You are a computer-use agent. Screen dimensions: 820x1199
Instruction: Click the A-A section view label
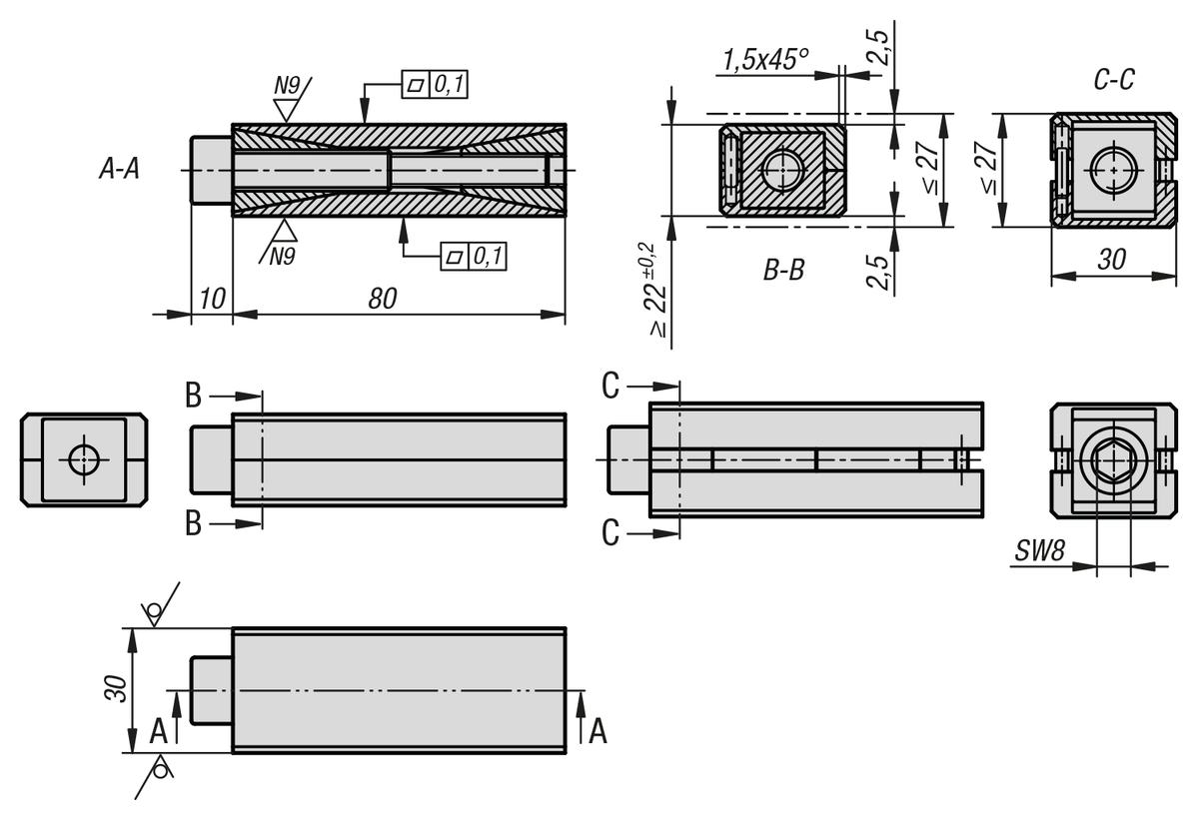click(119, 170)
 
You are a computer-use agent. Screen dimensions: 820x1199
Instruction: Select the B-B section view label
click(783, 270)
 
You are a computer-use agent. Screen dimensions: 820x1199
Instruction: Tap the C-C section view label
click(1113, 80)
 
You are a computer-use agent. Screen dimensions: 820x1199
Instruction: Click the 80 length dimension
click(382, 298)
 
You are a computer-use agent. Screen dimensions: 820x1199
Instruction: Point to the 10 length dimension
click(211, 298)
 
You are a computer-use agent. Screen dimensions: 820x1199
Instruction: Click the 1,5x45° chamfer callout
click(764, 60)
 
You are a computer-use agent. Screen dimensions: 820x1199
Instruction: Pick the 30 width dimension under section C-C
click(1111, 259)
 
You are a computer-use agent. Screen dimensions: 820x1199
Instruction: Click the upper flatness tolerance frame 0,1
click(435, 85)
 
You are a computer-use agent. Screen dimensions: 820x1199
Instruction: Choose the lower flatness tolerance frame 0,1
click(474, 257)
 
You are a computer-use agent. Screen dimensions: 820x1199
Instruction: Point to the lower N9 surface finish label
click(283, 257)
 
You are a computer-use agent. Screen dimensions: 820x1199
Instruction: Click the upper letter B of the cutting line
click(193, 395)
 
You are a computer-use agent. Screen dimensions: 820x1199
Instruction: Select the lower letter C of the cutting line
click(610, 534)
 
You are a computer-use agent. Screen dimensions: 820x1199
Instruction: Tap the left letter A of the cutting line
click(159, 732)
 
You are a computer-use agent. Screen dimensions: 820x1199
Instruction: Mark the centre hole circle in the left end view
click(85, 459)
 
